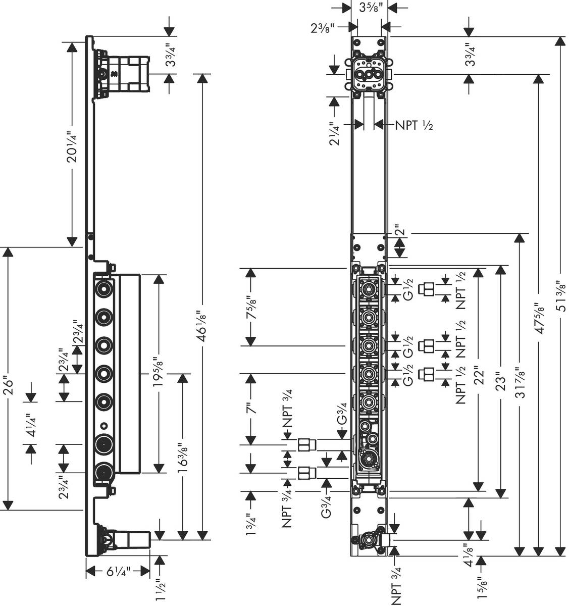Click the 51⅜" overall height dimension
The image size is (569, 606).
(x=560, y=290)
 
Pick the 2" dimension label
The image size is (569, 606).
(x=400, y=233)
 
